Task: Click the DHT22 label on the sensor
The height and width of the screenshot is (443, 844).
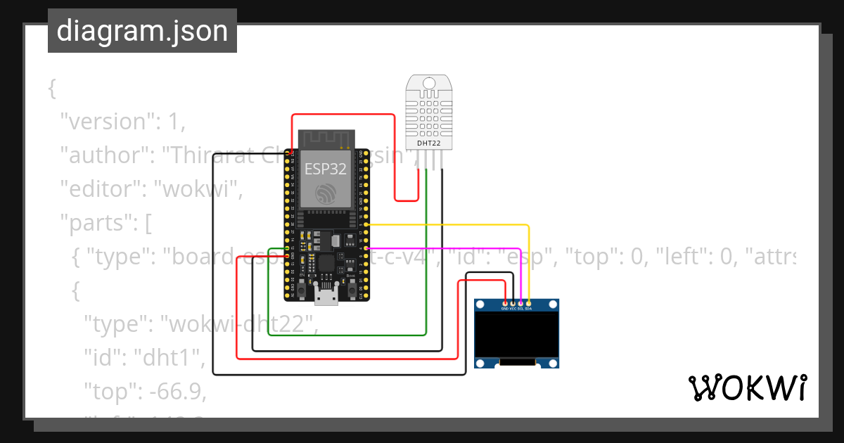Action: click(x=429, y=143)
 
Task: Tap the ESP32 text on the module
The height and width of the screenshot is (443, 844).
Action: click(x=325, y=169)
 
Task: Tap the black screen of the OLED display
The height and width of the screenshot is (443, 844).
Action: click(x=517, y=334)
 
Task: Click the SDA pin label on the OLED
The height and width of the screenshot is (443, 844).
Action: click(x=528, y=309)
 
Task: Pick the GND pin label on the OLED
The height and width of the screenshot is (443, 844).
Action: click(x=504, y=309)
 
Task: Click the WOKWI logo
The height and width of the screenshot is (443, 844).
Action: click(x=747, y=388)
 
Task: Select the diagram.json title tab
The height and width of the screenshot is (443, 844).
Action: click(x=142, y=31)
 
